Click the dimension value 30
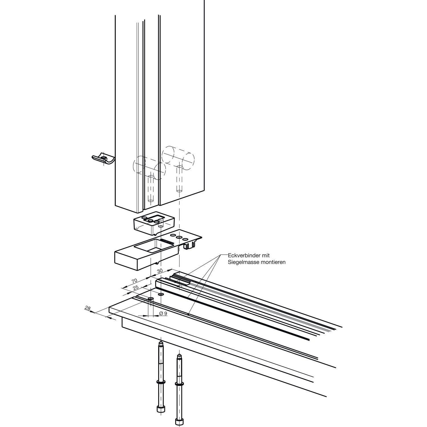click(x=159, y=270)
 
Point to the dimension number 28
click(x=88, y=308)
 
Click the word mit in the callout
click(x=265, y=256)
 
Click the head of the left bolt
click(x=160, y=409)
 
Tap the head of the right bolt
click(x=179, y=420)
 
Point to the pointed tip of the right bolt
click(x=179, y=356)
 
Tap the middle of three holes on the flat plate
click(x=179, y=237)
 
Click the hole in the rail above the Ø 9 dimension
click(x=151, y=299)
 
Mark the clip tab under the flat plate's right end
click(x=190, y=245)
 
